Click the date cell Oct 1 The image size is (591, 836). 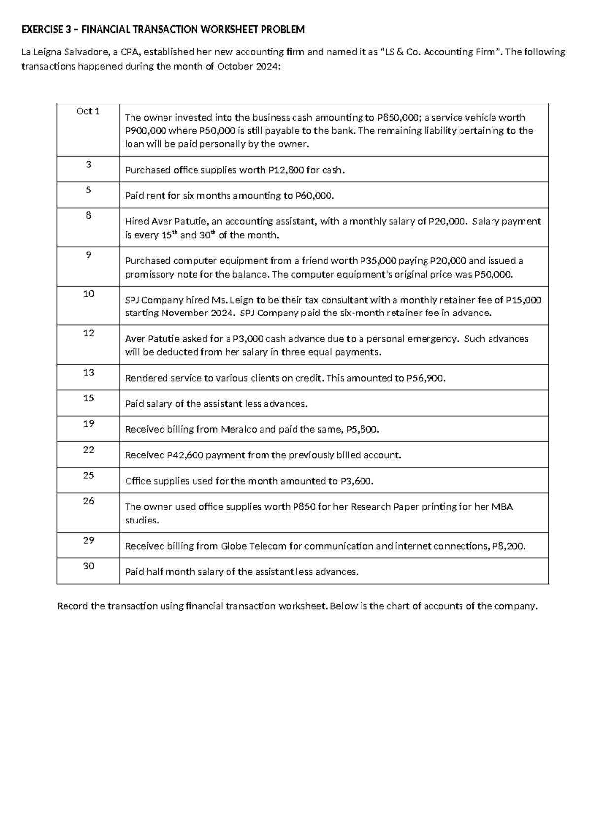coord(88,111)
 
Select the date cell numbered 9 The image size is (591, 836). coord(88,255)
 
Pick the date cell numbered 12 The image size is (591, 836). coord(88,333)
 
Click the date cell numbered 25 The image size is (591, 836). coord(88,476)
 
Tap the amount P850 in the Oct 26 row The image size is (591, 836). coord(303,507)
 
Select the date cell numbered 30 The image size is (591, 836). coord(88,566)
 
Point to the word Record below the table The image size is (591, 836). coord(72,606)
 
